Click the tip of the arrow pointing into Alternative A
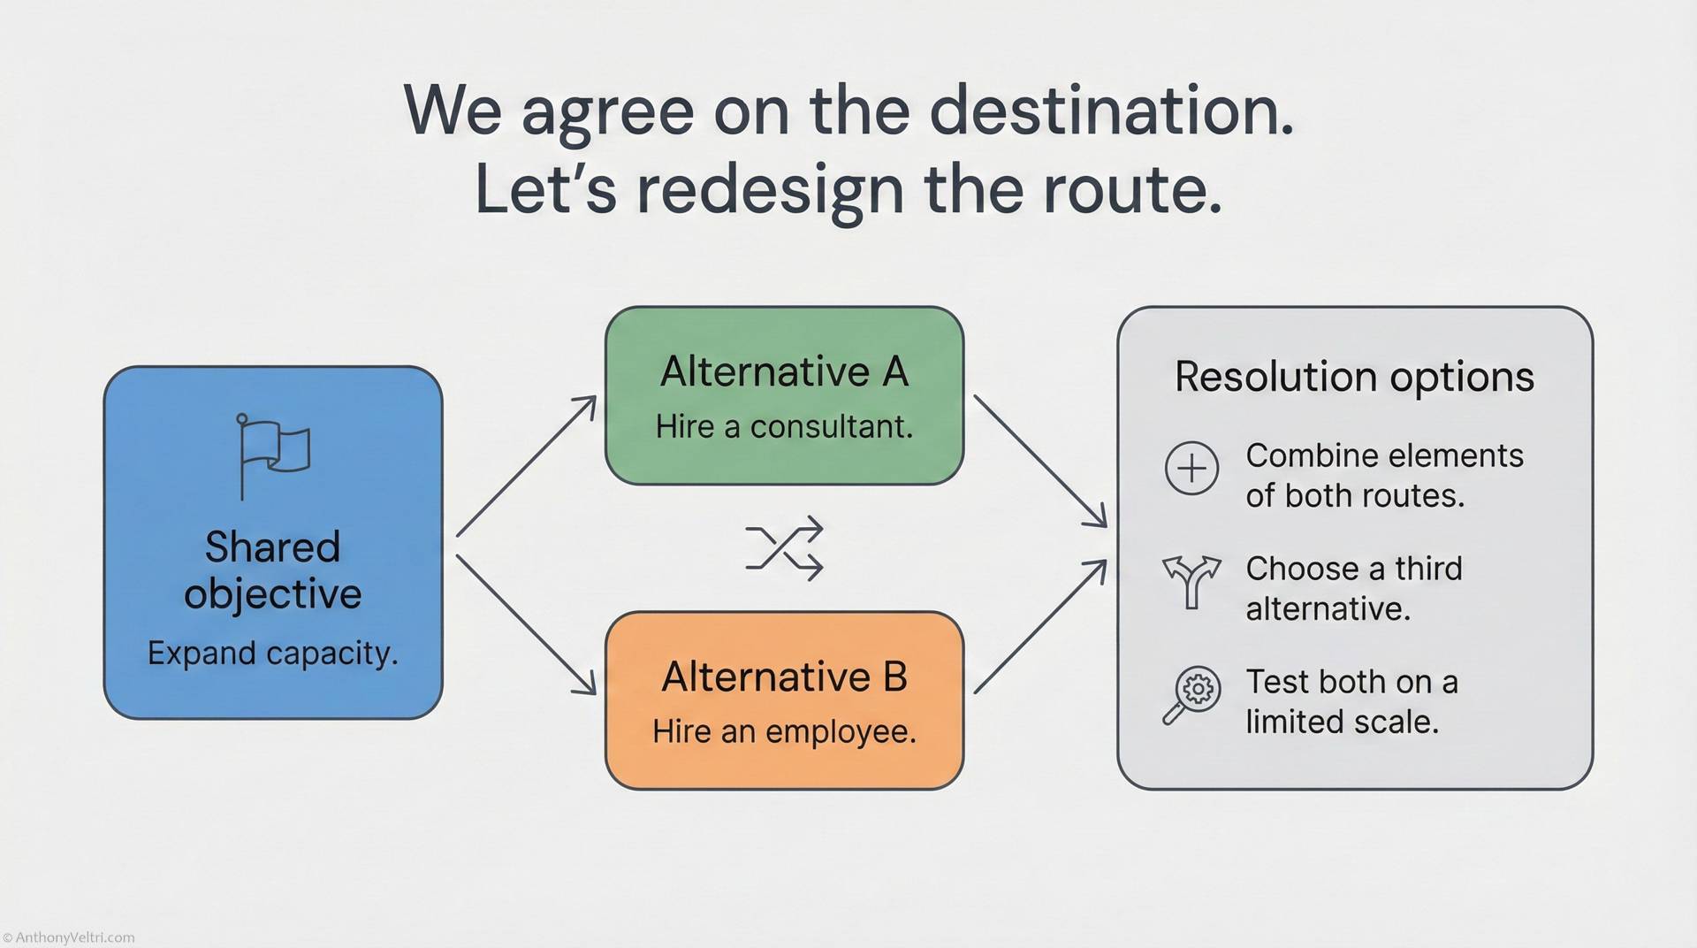[x=596, y=398]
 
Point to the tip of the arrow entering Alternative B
[x=596, y=693]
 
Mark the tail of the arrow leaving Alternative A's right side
[x=974, y=395]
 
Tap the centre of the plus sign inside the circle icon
[x=1191, y=468]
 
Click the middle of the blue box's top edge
[x=273, y=367]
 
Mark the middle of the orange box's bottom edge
[x=784, y=788]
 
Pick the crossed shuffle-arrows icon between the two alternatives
[x=784, y=549]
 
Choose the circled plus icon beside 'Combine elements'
[x=1191, y=468]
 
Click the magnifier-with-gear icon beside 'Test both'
[x=1191, y=695]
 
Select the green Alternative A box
[x=784, y=395]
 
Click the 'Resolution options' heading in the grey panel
[x=1354, y=377]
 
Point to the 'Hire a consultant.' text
[x=784, y=427]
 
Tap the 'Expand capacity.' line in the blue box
[x=273, y=654]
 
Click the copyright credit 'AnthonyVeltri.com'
[x=69, y=937]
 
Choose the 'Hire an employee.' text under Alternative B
[x=784, y=732]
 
